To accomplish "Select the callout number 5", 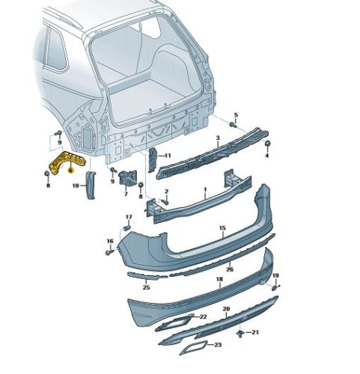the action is [x=236, y=115].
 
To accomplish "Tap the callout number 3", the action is [x=218, y=138].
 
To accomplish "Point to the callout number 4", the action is [x=266, y=156].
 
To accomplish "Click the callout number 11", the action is [x=168, y=156].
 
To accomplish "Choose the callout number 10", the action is [x=76, y=186].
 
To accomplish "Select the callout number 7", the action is [x=126, y=194].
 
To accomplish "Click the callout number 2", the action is [x=166, y=191].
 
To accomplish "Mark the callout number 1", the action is [x=205, y=190].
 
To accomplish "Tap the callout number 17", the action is [x=129, y=217].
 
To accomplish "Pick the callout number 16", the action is [x=110, y=241].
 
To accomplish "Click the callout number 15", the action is [x=222, y=228].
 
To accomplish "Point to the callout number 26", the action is [x=230, y=269].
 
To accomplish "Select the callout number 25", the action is [x=146, y=287].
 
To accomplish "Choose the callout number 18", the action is [x=219, y=279].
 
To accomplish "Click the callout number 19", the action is [x=275, y=275].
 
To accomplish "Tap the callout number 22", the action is [x=204, y=316].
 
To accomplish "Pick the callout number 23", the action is [x=218, y=345].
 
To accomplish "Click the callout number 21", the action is [x=255, y=332].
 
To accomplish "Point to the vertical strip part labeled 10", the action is [x=91, y=185].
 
